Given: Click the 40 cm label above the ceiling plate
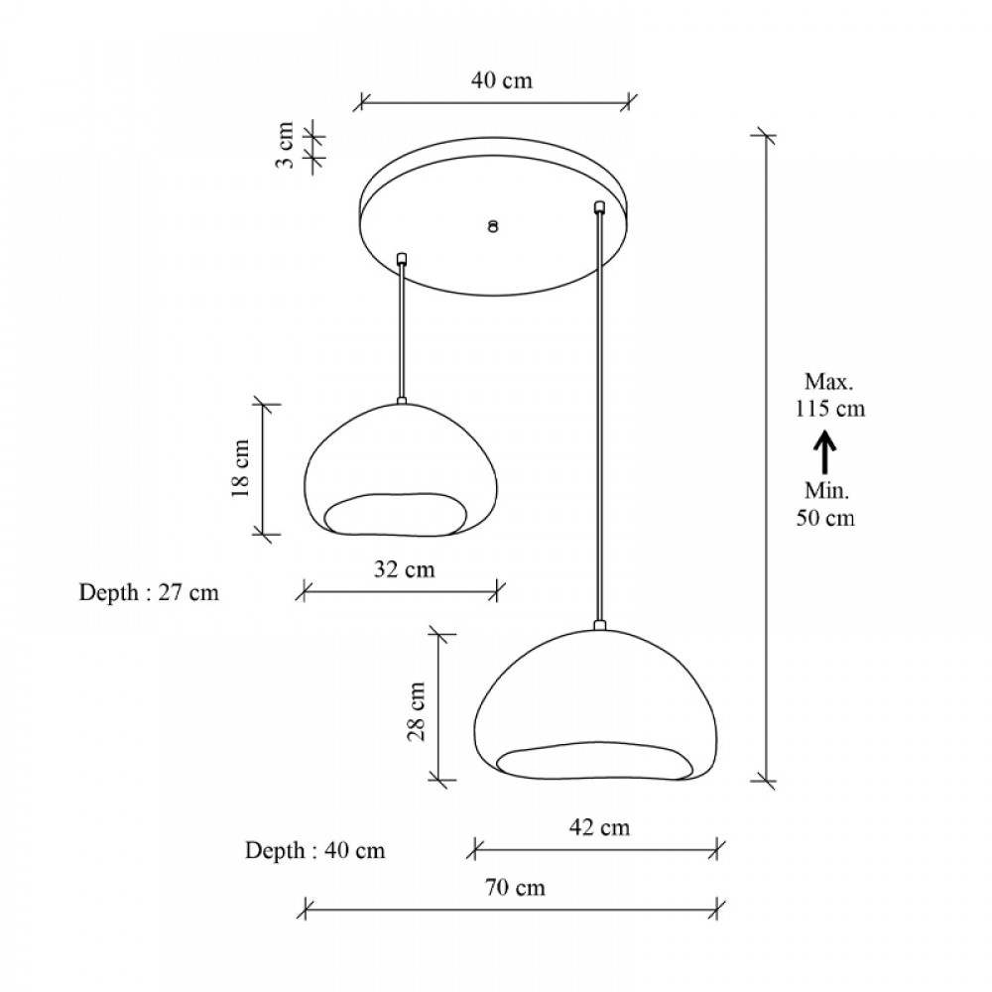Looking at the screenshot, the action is tap(502, 80).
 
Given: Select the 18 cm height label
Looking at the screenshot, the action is tap(240, 467).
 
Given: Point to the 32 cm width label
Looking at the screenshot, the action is tap(405, 569).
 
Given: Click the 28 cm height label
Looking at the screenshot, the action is tap(416, 711).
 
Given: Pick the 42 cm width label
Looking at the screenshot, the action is tap(599, 827).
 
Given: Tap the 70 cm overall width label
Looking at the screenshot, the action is tap(515, 887).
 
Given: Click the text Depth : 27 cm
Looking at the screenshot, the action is tap(149, 592).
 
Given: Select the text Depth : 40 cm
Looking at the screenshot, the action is tap(315, 850).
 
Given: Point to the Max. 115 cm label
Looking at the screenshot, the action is tap(829, 395).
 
